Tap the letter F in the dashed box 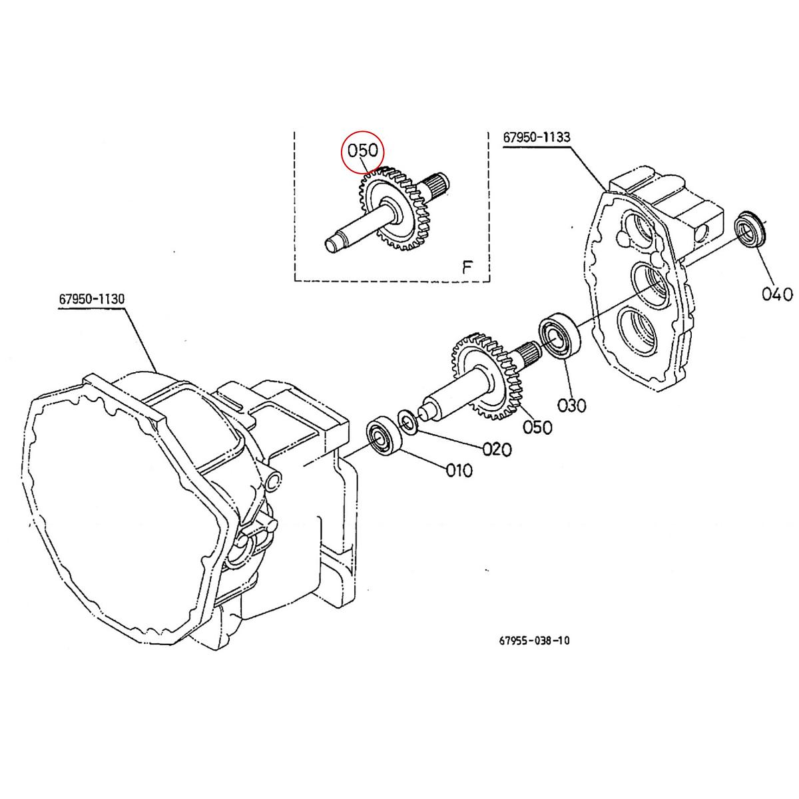pyautogui.click(x=467, y=268)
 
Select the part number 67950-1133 pyautogui.click(x=537, y=138)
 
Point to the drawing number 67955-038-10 pyautogui.click(x=534, y=641)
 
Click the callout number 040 pyautogui.click(x=776, y=294)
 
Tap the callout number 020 pyautogui.click(x=497, y=449)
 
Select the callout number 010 pyautogui.click(x=459, y=471)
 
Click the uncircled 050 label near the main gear pyautogui.click(x=537, y=427)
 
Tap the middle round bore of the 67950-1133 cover pyautogui.click(x=648, y=284)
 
